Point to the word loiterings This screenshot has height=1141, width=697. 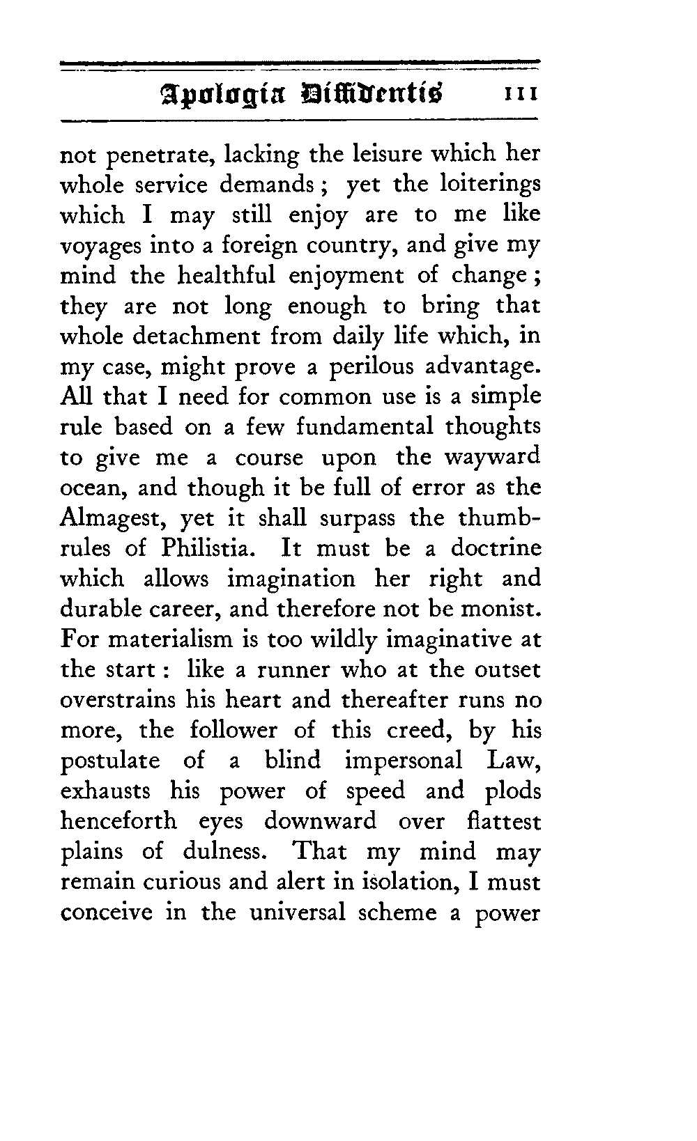click(x=491, y=185)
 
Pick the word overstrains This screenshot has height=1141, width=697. click(x=115, y=700)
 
